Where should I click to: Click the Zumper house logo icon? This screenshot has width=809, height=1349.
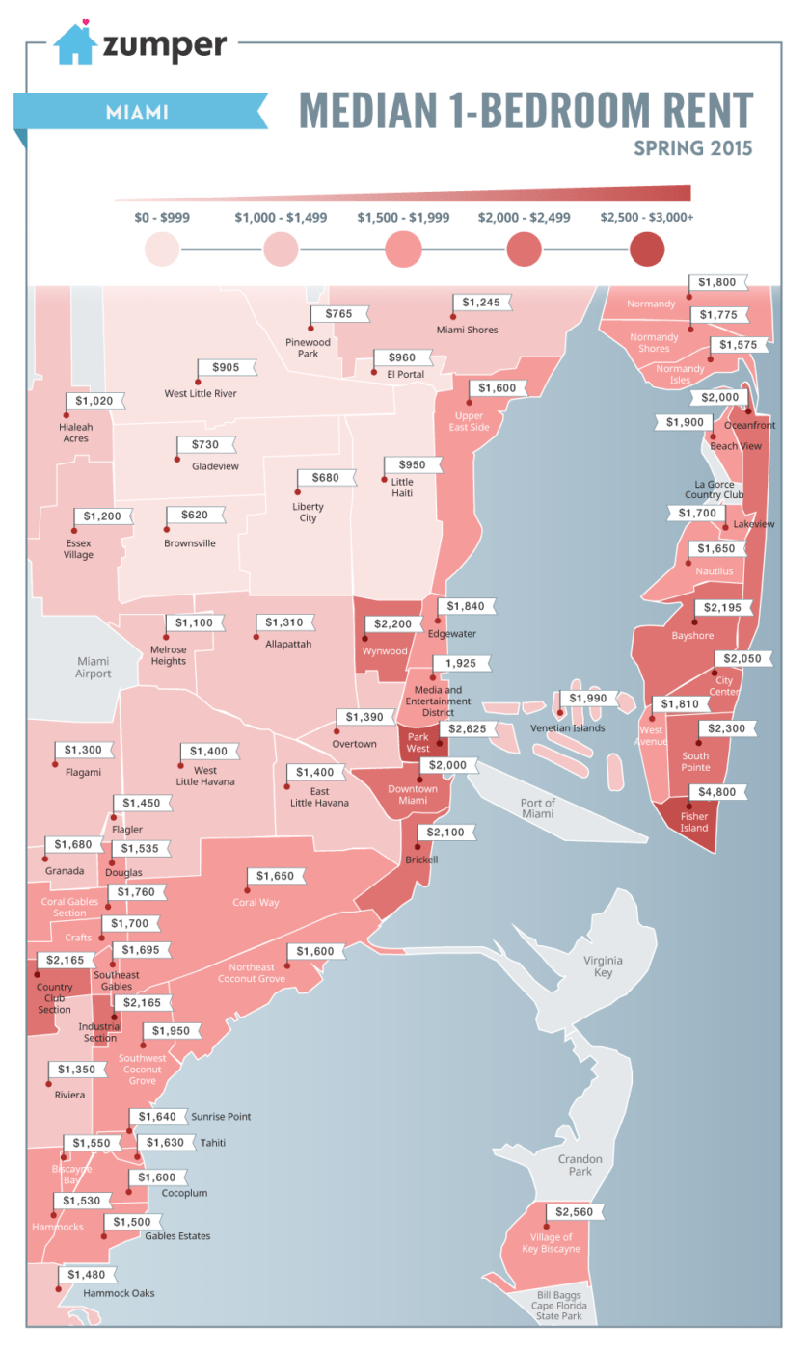(74, 43)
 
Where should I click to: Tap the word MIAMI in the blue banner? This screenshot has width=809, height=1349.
(137, 113)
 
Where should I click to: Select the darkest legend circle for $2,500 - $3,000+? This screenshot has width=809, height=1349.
(646, 251)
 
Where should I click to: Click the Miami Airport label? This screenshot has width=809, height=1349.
(94, 667)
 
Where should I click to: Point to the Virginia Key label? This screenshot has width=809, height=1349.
(603, 966)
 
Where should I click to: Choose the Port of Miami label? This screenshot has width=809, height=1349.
(537, 808)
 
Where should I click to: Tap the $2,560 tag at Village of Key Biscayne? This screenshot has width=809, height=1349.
(576, 1211)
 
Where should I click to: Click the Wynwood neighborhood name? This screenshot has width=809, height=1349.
(384, 650)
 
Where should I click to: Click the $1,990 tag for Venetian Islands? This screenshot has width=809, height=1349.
(590, 698)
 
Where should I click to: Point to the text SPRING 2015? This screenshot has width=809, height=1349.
(692, 149)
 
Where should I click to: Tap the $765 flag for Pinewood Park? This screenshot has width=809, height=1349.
(338, 314)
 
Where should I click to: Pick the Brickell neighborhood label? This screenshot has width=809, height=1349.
(421, 859)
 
